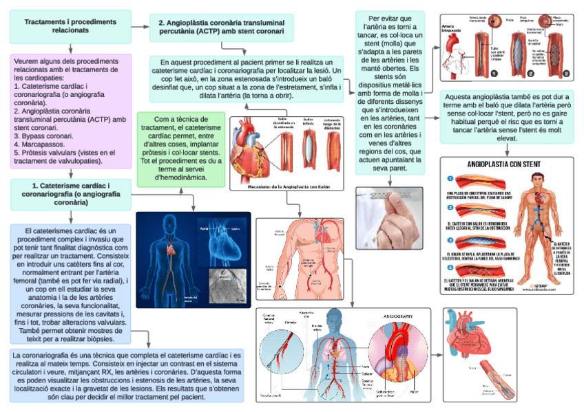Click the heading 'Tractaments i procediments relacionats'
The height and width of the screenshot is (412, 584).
point(70,26)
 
